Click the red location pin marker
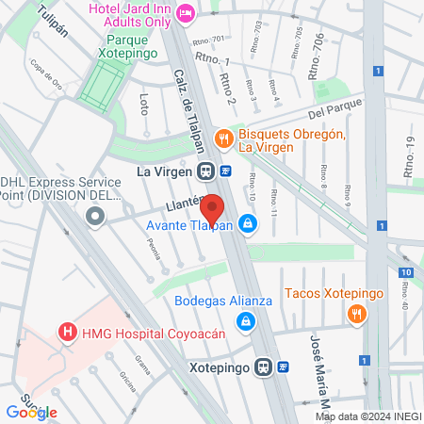(213, 209)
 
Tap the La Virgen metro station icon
(204, 171)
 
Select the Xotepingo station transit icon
(266, 367)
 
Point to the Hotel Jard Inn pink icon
(185, 12)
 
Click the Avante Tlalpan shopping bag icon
(247, 224)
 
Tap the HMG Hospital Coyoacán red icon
(67, 333)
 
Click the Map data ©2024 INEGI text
(367, 416)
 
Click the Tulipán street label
(54, 21)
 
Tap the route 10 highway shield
(404, 272)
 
